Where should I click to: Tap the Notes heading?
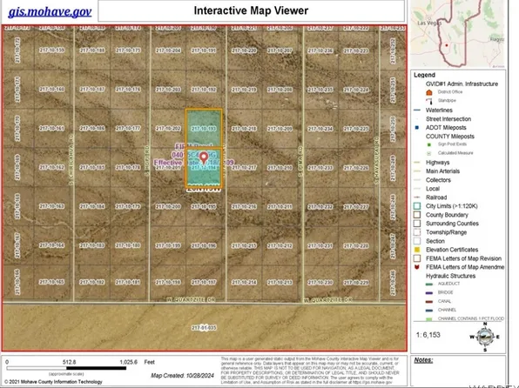(x=423, y=359)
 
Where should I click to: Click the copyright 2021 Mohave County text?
(x=52, y=381)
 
